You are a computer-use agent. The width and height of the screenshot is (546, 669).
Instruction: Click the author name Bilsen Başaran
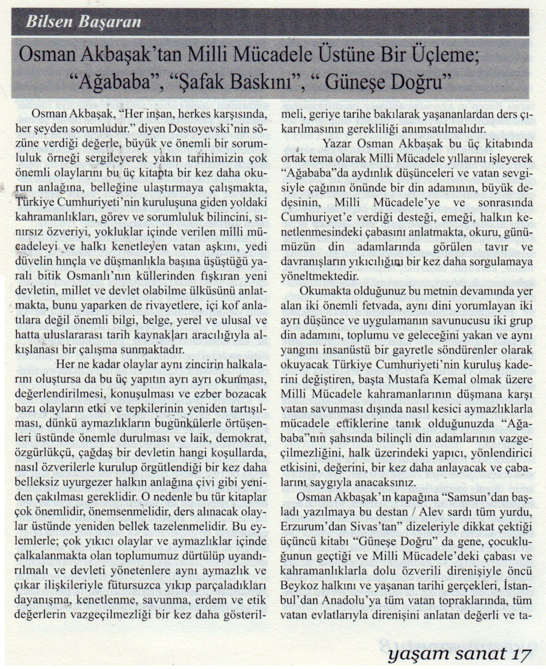coord(83,24)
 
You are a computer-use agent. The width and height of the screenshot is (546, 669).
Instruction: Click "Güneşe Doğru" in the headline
coord(393,80)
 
